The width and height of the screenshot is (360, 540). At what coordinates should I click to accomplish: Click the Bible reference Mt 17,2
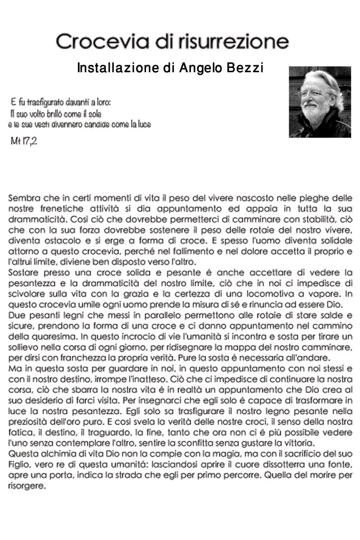(24, 142)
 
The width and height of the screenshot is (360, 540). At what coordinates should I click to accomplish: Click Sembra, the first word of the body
(23, 199)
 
